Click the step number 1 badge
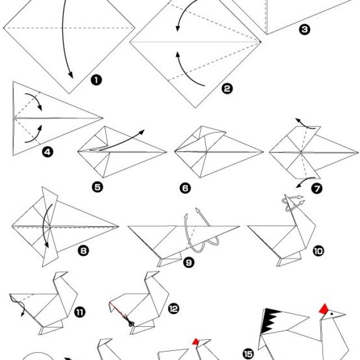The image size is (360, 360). pos(96,80)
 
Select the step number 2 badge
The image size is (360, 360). pos(227,89)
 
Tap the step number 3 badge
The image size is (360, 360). pos(304,29)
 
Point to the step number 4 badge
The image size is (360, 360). pos(47,152)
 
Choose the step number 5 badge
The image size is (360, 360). pos(97,187)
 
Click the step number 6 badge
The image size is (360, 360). pos(185,188)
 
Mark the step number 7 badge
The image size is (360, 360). pos(317,188)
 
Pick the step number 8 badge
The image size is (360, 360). pos(83,251)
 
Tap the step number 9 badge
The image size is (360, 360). pos(189,263)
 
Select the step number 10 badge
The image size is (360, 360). pos(318,251)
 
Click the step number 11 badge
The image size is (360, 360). pos(80,312)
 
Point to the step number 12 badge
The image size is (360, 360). pos(174,309)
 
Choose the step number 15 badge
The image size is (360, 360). pos(248,354)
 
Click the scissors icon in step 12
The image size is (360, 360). pos(131,323)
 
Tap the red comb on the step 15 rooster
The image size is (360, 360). pos(324,308)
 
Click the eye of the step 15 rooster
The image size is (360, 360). pos(332,313)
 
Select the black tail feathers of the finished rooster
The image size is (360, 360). pos(271,320)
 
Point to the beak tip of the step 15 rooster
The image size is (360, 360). pos(345,314)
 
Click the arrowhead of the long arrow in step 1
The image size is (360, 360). pos(71,75)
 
